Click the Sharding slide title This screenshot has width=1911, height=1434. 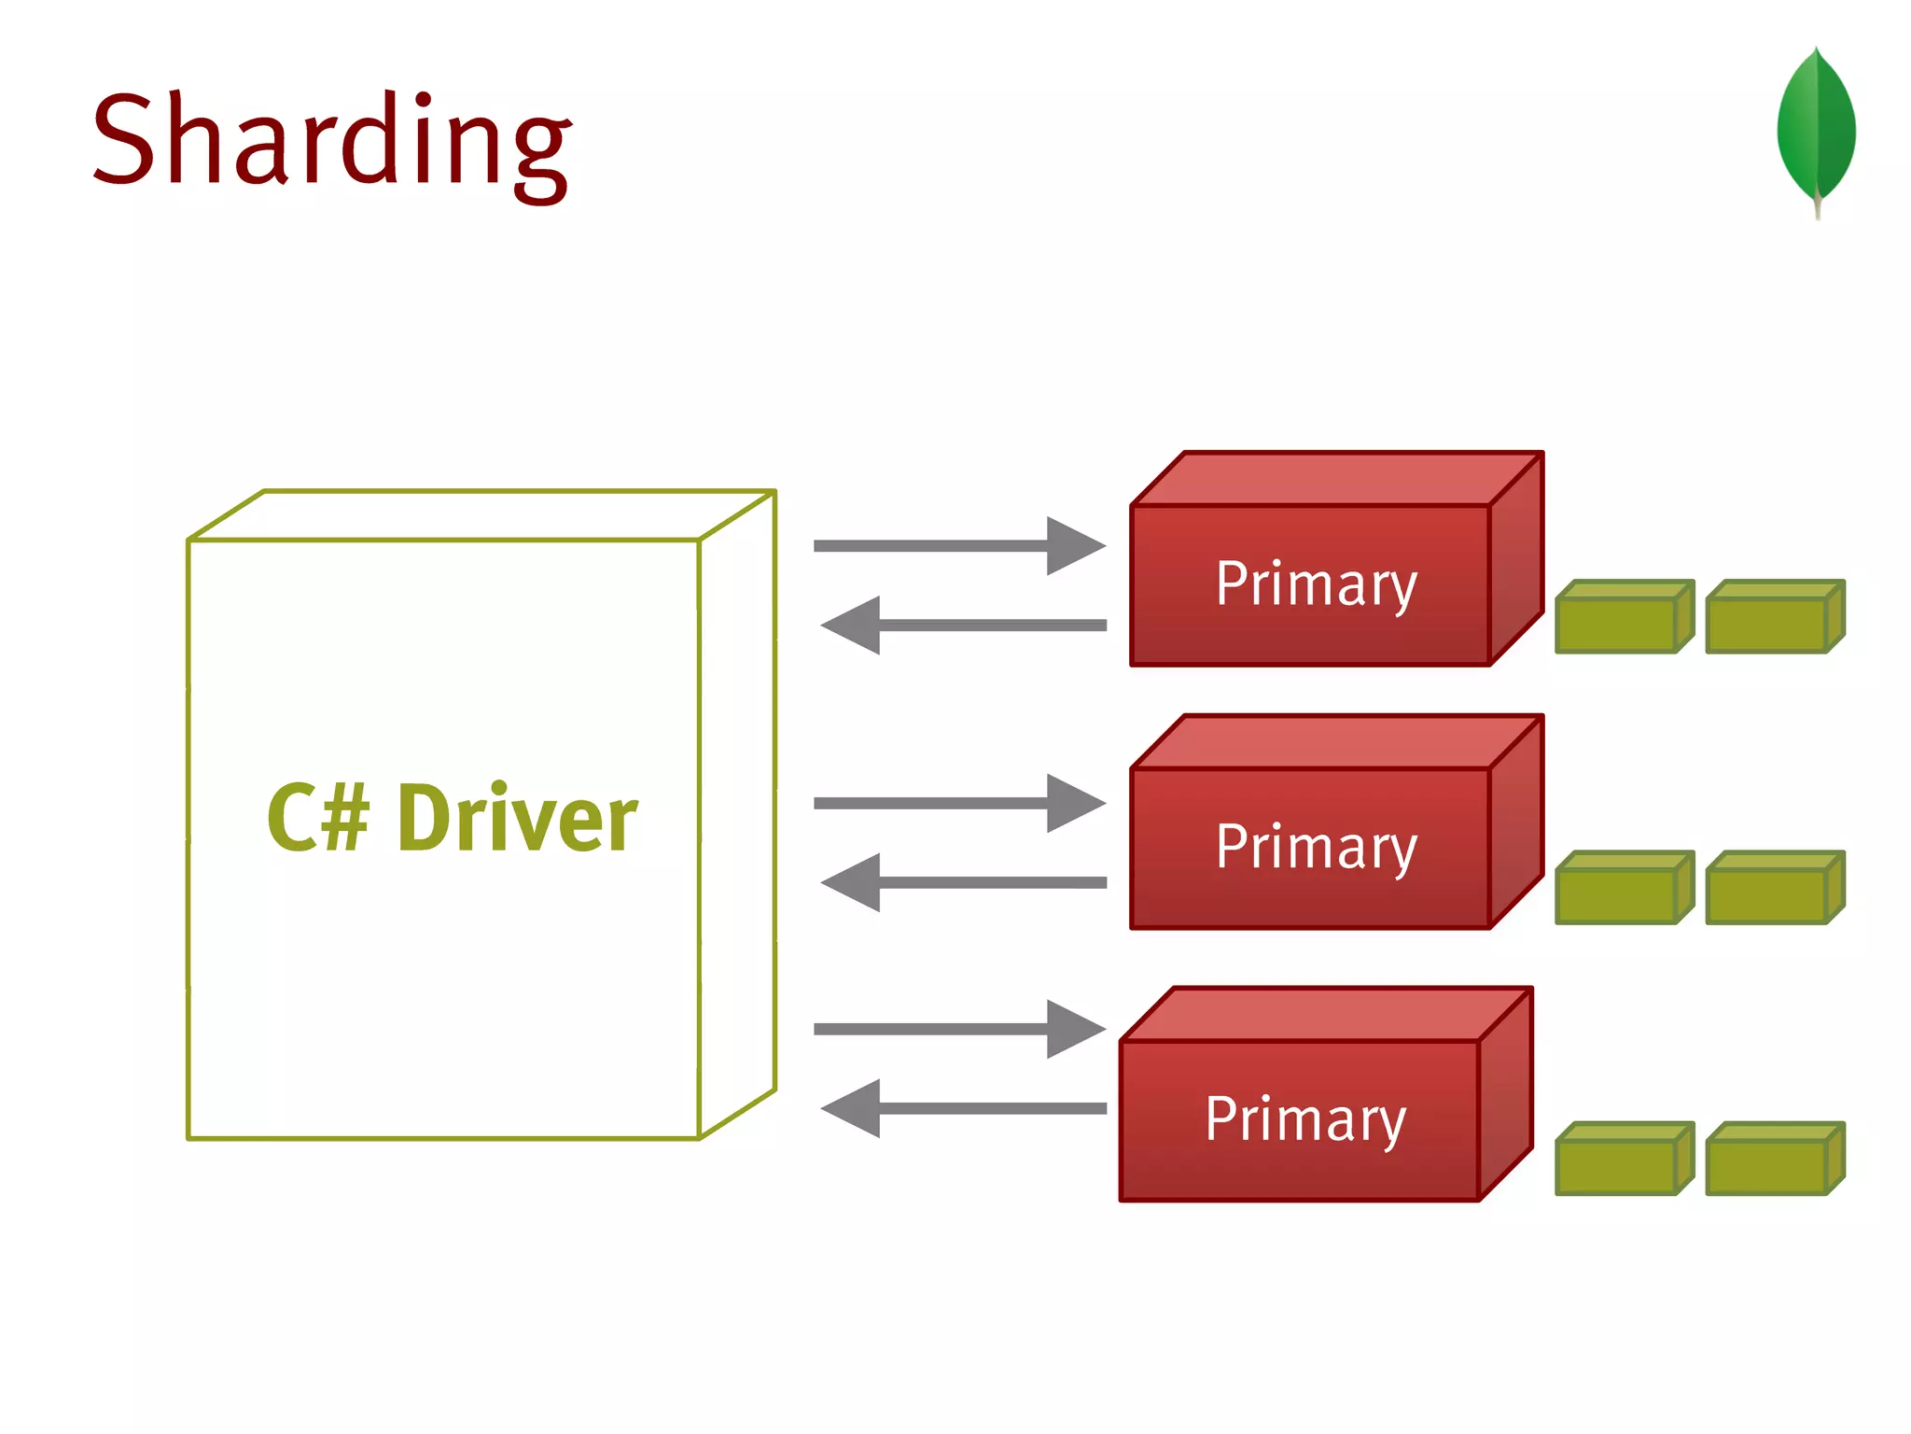click(x=331, y=140)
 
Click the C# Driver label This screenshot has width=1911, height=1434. click(x=452, y=819)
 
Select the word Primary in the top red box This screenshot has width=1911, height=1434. click(x=1316, y=584)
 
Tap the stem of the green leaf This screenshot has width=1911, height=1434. click(x=1818, y=207)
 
